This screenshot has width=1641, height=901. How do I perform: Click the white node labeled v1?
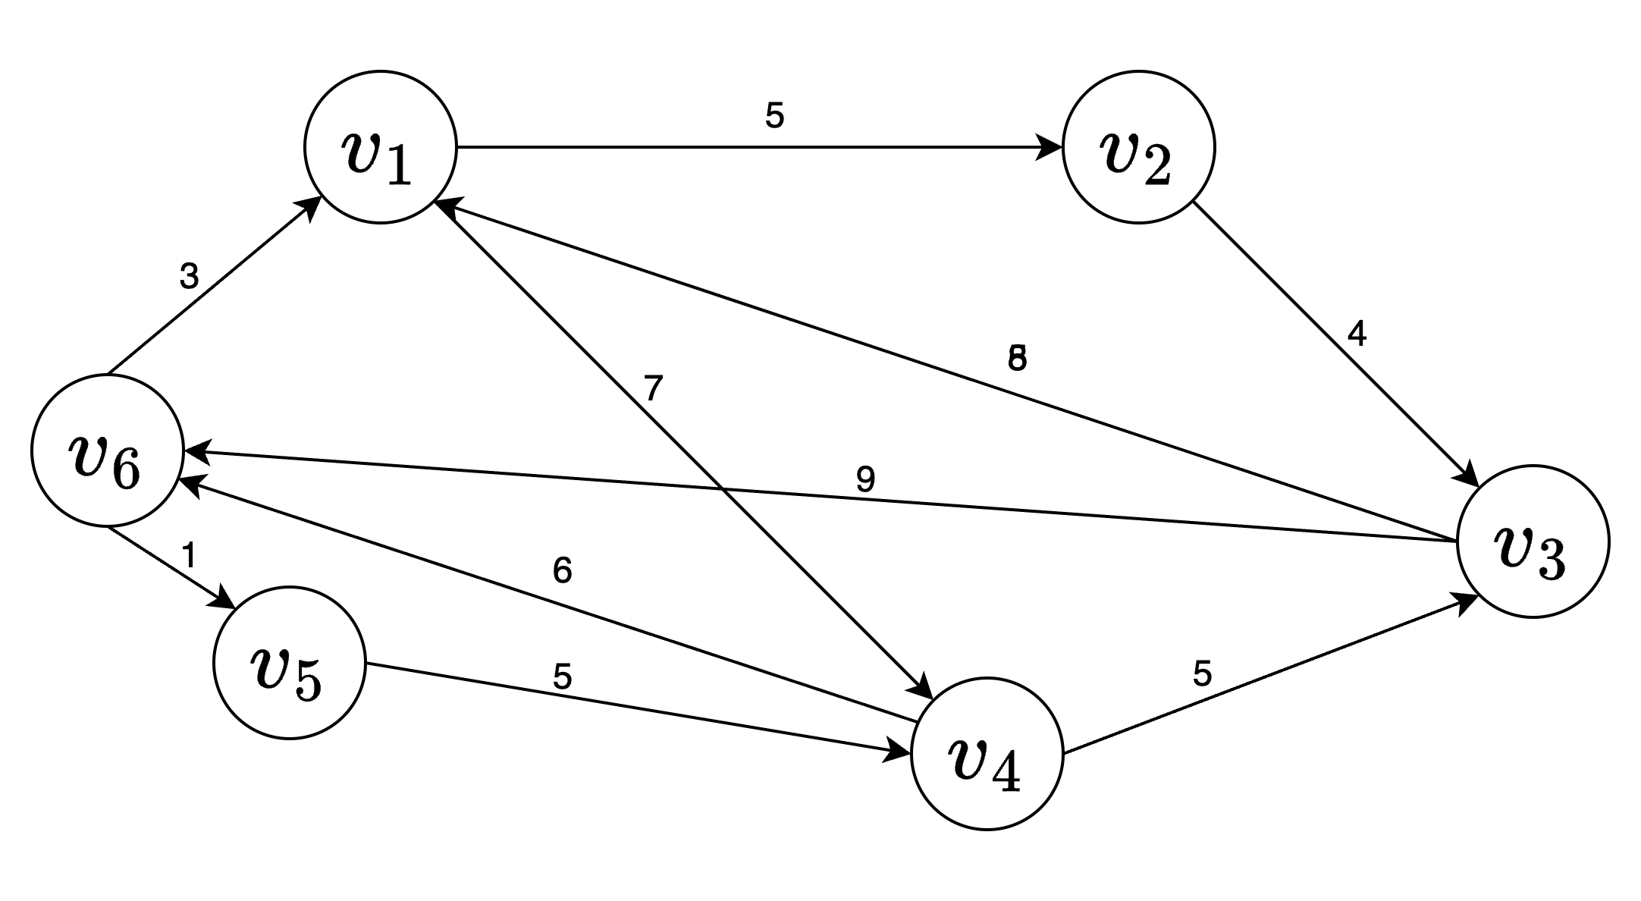380,147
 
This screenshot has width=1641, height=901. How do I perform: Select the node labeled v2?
1138,147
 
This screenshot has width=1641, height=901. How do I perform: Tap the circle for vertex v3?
1533,542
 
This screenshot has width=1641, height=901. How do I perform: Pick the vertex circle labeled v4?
987,754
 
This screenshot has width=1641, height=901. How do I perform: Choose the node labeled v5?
289,663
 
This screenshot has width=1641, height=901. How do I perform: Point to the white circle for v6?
108,450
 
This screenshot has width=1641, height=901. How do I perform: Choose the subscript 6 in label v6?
126,469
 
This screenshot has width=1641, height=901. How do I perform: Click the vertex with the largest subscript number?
108,450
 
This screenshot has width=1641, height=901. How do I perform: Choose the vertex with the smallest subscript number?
380,147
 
